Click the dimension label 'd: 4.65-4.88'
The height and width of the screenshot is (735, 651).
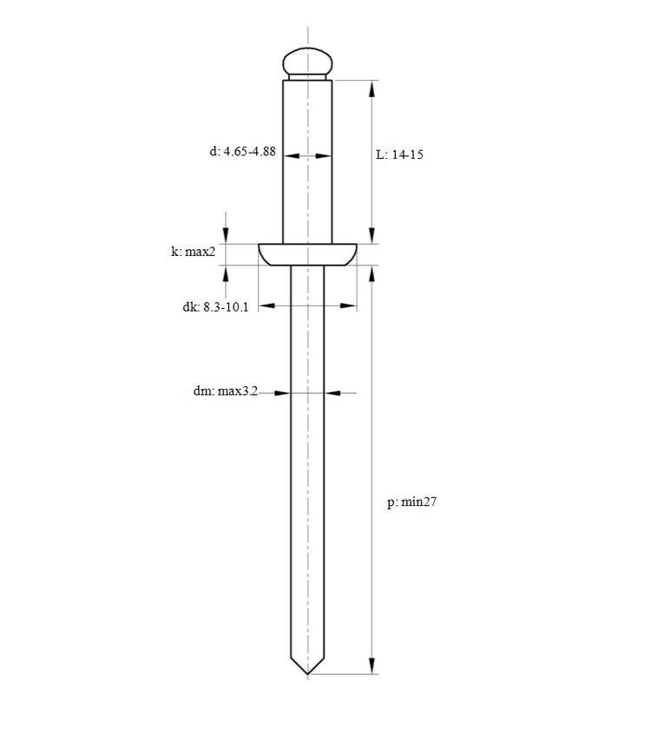pyautogui.click(x=242, y=151)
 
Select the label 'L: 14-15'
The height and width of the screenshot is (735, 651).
pyautogui.click(x=399, y=154)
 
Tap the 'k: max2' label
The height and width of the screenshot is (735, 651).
pyautogui.click(x=194, y=252)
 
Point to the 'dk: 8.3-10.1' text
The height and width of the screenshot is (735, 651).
pyautogui.click(x=216, y=307)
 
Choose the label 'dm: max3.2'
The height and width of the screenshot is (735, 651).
pyautogui.click(x=226, y=391)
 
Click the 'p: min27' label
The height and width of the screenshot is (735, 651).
pyautogui.click(x=411, y=502)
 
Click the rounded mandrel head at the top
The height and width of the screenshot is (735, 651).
pyautogui.click(x=307, y=62)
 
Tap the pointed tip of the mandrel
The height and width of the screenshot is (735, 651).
pyautogui.click(x=307, y=673)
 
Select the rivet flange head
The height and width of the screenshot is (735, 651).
pyautogui.click(x=307, y=254)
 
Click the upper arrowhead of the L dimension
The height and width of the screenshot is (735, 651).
pyautogui.click(x=372, y=89)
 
